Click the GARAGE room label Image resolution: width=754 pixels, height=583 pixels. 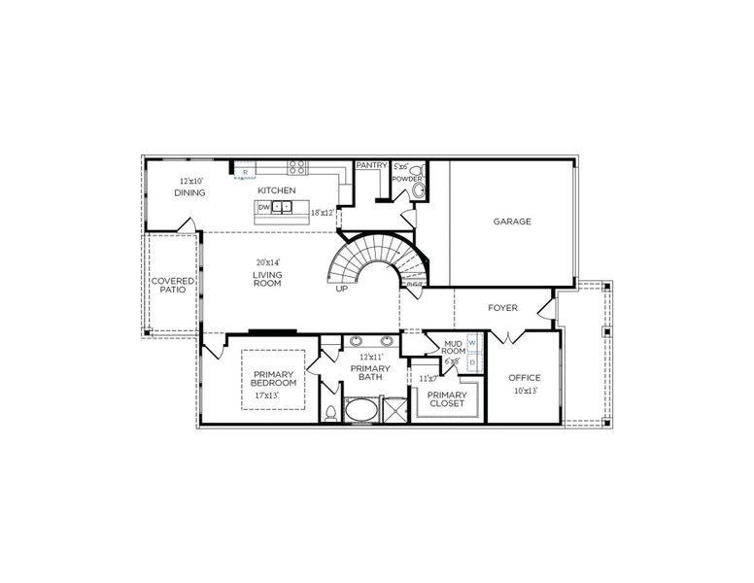(x=512, y=222)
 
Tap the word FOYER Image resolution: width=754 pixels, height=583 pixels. (x=502, y=308)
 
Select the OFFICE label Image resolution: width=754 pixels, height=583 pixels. (x=525, y=378)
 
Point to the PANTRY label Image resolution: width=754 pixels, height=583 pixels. (x=371, y=165)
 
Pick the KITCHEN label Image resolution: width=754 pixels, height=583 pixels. (x=277, y=190)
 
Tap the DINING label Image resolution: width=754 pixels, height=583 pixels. (x=190, y=192)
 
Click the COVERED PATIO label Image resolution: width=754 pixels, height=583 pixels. (x=172, y=286)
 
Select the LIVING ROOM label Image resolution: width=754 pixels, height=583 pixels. (x=267, y=278)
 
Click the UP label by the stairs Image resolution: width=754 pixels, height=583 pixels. (x=342, y=289)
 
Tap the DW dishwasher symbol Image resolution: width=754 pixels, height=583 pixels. (x=263, y=207)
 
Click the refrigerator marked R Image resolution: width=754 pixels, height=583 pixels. (x=246, y=172)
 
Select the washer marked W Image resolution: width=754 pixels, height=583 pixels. (x=472, y=343)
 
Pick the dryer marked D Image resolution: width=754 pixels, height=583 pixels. (x=472, y=362)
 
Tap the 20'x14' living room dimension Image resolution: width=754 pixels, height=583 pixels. (x=267, y=262)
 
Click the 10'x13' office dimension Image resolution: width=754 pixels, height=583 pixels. (x=525, y=391)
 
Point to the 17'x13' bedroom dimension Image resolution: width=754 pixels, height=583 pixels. (x=266, y=396)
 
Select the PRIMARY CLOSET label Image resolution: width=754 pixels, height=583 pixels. (x=447, y=399)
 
